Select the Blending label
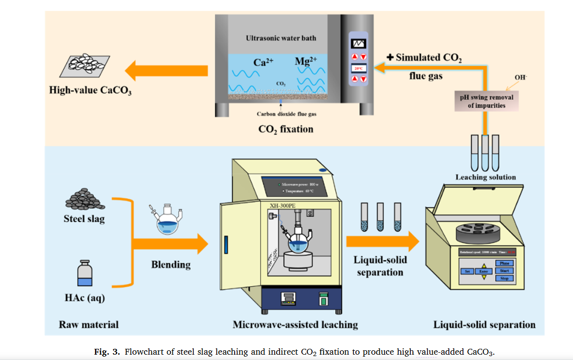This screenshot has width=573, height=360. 171,265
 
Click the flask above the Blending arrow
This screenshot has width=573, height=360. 167,220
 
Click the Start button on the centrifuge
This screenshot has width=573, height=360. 504,270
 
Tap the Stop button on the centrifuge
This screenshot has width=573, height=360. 504,278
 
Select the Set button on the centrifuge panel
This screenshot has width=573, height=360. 467,271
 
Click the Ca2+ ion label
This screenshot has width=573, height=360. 264,62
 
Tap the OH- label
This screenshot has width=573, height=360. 520,78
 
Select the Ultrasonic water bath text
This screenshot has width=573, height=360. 280,37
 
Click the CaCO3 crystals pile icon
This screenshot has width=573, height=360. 86,65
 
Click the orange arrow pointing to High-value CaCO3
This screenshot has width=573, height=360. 166,72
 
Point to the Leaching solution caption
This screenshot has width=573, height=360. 485,177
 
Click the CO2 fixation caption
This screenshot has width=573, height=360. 286,129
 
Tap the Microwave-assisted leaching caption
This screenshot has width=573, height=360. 295,324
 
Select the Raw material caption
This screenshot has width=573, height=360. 89,324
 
